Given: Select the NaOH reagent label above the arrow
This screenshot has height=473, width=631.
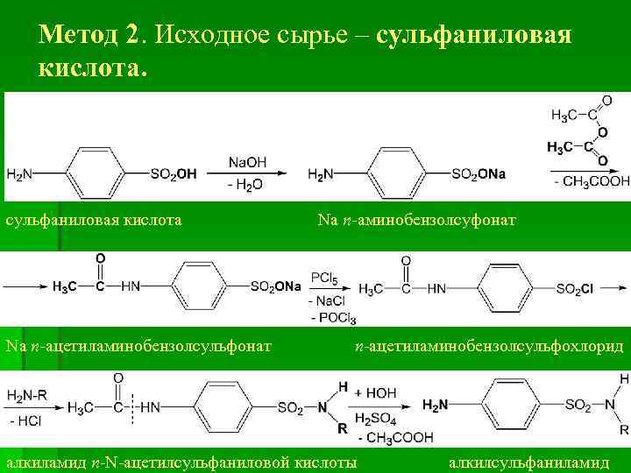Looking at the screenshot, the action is (247, 162).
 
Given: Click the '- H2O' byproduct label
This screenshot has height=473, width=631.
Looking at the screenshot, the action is (245, 185).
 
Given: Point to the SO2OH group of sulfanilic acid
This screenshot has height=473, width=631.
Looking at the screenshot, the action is (174, 174).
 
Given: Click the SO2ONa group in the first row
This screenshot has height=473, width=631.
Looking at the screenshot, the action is (479, 174).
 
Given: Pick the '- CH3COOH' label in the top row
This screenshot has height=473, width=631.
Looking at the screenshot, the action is (592, 181).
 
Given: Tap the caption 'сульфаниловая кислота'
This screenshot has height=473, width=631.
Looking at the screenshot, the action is (94, 219).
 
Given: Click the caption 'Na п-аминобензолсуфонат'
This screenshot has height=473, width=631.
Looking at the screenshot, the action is (417, 219).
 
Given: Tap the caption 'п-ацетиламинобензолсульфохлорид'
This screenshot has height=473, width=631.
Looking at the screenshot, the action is (489, 347).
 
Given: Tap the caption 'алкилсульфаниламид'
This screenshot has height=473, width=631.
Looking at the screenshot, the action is (528, 461).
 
